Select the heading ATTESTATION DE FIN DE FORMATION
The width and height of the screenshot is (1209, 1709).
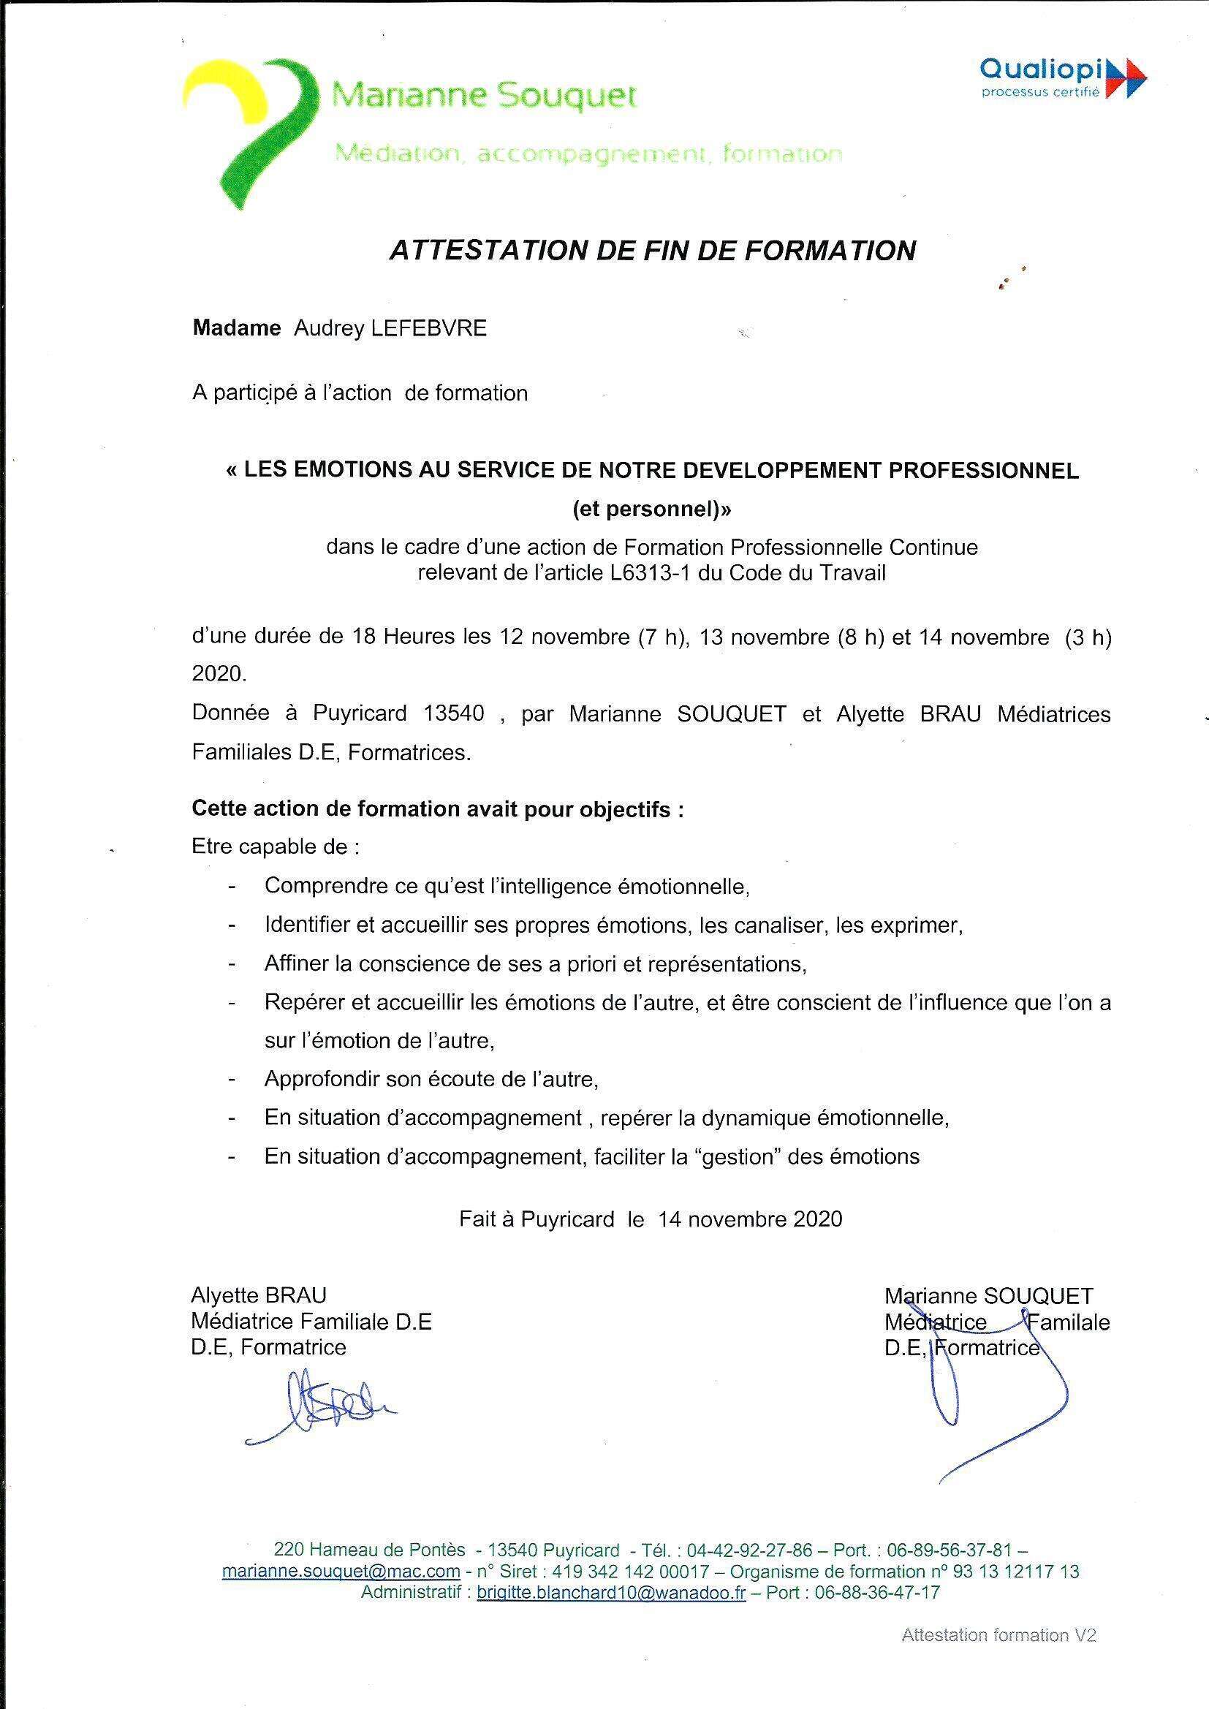pyautogui.click(x=652, y=251)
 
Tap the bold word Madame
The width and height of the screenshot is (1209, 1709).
pyautogui.click(x=237, y=328)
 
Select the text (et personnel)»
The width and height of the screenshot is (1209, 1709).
pyautogui.click(x=652, y=510)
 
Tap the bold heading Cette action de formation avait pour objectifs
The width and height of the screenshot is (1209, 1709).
pyautogui.click(x=438, y=808)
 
